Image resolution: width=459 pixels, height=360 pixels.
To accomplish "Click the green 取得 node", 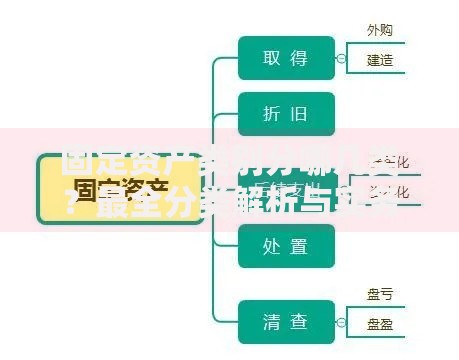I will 285,58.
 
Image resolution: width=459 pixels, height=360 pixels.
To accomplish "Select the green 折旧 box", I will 285,113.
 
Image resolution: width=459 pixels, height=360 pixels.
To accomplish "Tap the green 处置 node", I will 285,246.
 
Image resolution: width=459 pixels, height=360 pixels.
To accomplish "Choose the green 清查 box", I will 285,322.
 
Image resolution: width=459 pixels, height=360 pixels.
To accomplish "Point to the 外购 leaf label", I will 379,30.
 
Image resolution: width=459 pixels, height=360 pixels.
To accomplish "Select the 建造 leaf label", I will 380,60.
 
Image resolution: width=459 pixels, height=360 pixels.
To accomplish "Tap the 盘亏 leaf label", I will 380,294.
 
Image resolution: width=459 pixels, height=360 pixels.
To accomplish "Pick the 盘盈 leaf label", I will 380,324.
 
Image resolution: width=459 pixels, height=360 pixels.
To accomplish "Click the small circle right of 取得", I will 341,58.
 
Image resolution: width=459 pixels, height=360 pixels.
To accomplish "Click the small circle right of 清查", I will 341,322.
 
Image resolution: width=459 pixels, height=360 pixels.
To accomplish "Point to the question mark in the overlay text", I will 70,208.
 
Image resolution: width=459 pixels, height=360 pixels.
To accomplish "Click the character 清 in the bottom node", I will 272,322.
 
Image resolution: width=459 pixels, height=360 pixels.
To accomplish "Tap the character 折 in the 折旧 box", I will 272,113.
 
